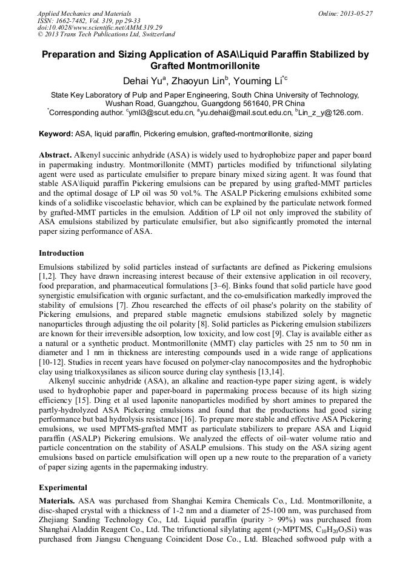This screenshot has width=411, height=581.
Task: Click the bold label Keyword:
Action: (56, 133)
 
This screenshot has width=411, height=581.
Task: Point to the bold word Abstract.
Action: (55, 156)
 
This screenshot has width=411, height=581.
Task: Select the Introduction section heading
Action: (61, 253)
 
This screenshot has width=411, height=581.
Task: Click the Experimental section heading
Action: (63, 487)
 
